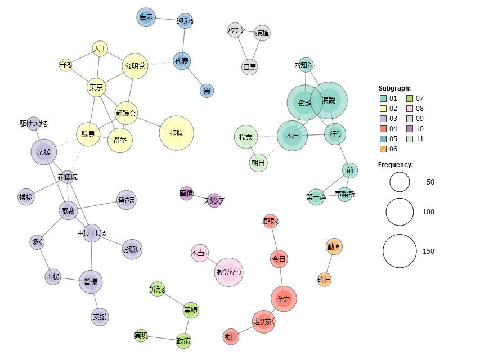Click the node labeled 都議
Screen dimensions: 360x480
pyautogui.click(x=177, y=133)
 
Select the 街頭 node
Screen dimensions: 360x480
pyautogui.click(x=305, y=103)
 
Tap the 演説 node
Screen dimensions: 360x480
pyautogui.click(x=329, y=101)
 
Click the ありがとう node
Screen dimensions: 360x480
pyautogui.click(x=229, y=272)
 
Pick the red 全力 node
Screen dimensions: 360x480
pyautogui.click(x=284, y=299)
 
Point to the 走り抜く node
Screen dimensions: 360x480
pyautogui.click(x=264, y=322)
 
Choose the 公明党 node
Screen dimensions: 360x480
pyautogui.click(x=134, y=66)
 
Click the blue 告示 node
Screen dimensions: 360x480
pyautogui.click(x=146, y=17)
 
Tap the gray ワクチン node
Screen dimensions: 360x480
pyautogui.click(x=235, y=30)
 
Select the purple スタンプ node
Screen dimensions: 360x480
pyautogui.click(x=214, y=200)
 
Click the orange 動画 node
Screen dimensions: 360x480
pyautogui.click(x=334, y=246)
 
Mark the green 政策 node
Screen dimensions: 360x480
pyautogui.click(x=183, y=340)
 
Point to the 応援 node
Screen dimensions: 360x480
pyautogui.click(x=44, y=152)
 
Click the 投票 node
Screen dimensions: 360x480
pyautogui.click(x=245, y=137)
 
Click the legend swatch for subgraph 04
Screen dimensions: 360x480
pyautogui.click(x=383, y=129)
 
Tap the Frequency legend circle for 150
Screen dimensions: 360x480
pyautogui.click(x=400, y=251)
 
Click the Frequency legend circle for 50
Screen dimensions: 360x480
pyautogui.click(x=400, y=182)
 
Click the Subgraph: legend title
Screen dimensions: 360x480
pyautogui.click(x=394, y=88)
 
